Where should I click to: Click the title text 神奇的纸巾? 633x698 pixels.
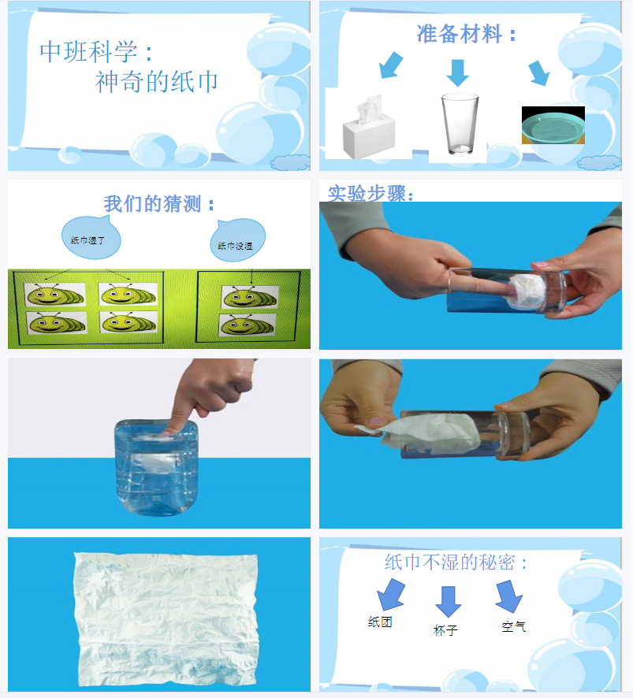(157, 81)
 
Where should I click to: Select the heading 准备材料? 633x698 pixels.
(467, 34)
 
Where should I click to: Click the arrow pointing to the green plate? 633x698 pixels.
(538, 72)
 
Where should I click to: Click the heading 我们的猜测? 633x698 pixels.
(159, 204)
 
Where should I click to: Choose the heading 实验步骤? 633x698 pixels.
(370, 193)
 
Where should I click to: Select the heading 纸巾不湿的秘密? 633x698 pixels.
(456, 562)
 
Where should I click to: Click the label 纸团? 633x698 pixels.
(380, 622)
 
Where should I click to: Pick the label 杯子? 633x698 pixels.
(445, 630)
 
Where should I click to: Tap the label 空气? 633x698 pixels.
(513, 627)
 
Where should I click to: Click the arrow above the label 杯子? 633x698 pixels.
(448, 600)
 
